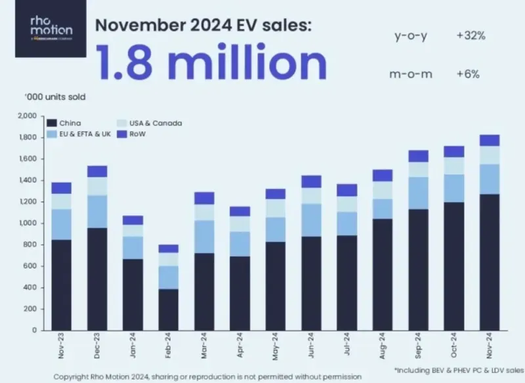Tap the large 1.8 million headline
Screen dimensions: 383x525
[211, 62]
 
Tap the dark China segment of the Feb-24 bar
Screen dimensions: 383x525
[169, 309]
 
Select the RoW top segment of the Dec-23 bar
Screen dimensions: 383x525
[97, 171]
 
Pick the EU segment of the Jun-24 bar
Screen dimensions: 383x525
[312, 220]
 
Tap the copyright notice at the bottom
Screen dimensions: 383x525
[207, 376]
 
